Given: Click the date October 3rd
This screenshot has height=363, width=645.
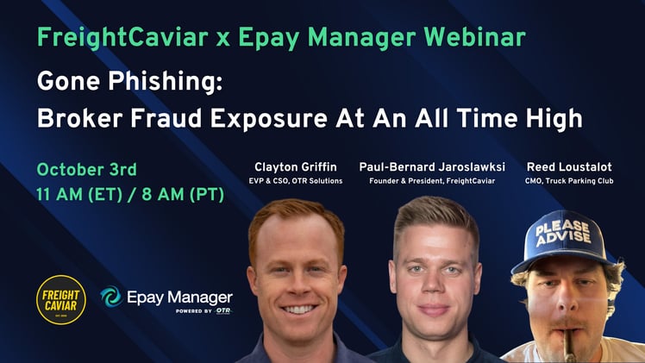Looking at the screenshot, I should (86, 169).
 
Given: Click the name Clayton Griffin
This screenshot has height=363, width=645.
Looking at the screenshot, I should (294, 166).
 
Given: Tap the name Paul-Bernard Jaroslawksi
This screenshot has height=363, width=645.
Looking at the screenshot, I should (433, 166).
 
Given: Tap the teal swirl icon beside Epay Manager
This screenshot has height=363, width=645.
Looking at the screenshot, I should (111, 297).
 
